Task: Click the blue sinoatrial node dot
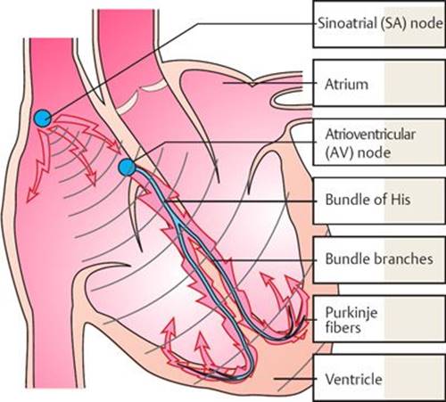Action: [x=43, y=119]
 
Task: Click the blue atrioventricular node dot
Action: [x=127, y=168]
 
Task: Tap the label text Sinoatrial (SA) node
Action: [x=380, y=23]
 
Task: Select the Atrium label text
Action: [x=346, y=84]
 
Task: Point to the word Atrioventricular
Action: [x=370, y=135]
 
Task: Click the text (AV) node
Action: [x=358, y=152]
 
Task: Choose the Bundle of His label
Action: [x=368, y=200]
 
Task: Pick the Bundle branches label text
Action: [x=379, y=258]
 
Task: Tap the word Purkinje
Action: [x=351, y=313]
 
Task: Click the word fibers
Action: [x=343, y=327]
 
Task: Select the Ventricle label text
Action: [x=353, y=379]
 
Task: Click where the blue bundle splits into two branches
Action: [x=178, y=226]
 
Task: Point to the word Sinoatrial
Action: [x=346, y=23]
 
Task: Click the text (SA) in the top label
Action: [x=392, y=23]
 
